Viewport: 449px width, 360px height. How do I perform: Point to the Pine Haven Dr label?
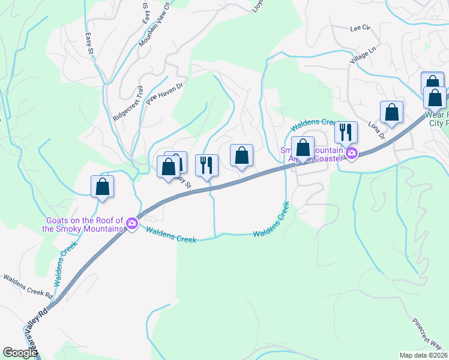point(163,94)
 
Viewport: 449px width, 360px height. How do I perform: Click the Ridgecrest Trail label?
point(128,103)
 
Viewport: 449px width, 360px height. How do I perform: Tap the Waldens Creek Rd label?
point(28,287)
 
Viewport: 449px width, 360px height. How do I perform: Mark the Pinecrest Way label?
point(427,331)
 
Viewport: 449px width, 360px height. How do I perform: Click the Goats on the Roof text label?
point(83,224)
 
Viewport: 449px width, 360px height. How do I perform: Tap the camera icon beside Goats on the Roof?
point(131,225)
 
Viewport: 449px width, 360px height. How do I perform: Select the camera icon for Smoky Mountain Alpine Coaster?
point(351,154)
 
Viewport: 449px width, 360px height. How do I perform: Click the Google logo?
point(19,353)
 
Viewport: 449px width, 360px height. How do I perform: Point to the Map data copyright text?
point(424,355)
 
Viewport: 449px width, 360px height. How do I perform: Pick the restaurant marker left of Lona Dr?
point(345,132)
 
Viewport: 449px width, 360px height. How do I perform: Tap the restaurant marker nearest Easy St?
point(206,166)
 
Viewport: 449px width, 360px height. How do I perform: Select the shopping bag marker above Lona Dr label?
point(391,112)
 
